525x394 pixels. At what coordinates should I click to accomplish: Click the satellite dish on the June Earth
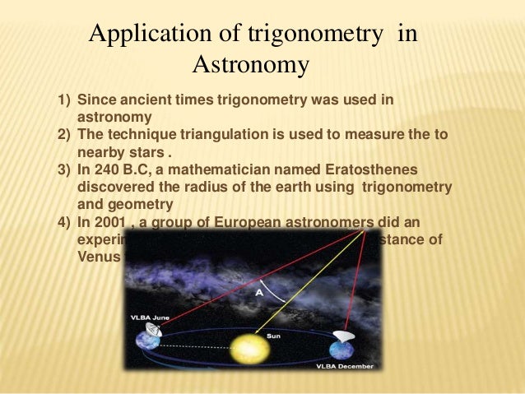coord(152,328)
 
